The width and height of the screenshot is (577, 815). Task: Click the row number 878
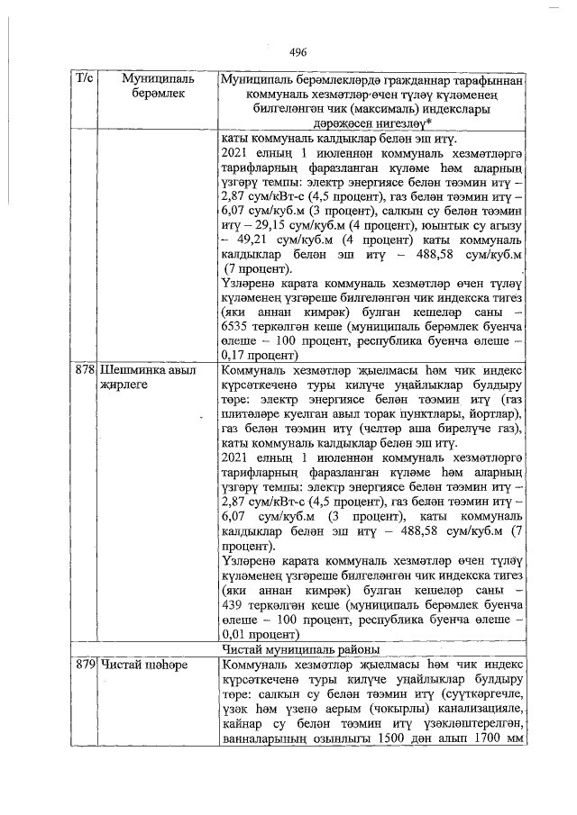tap(86, 370)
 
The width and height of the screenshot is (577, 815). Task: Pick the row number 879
tap(86, 665)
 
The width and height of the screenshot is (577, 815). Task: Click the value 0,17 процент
tap(255, 356)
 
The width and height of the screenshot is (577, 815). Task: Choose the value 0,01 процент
tap(255, 635)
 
